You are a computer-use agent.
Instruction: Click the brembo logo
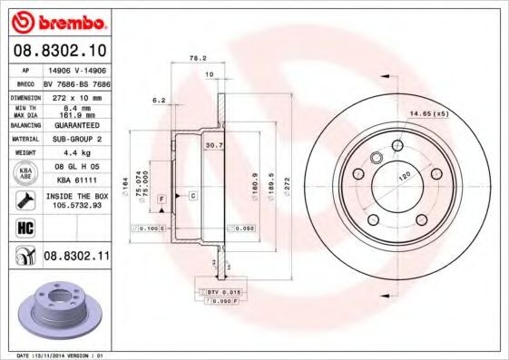point(56,19)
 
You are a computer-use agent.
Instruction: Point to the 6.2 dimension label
point(158,101)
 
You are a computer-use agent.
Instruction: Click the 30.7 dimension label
point(214,145)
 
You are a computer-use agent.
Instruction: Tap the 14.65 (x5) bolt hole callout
point(430,113)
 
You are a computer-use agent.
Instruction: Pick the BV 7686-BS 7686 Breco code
point(76,82)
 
